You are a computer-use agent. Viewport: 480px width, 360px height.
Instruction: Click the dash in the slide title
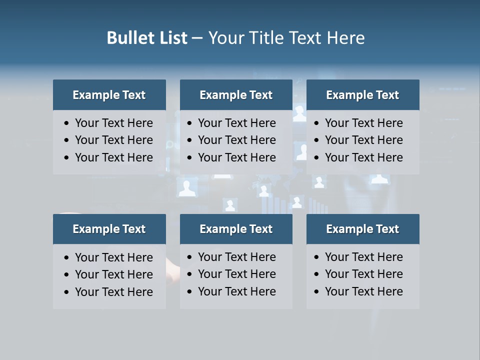(x=197, y=38)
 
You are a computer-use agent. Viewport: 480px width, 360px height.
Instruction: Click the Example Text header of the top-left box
(x=109, y=95)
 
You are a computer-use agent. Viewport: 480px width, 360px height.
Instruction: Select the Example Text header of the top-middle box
(x=236, y=95)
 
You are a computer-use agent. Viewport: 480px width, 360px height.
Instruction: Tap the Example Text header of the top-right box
(x=362, y=95)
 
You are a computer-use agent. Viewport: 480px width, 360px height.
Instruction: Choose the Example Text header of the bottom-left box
(x=109, y=229)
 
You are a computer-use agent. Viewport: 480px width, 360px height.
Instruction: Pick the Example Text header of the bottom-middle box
(x=236, y=229)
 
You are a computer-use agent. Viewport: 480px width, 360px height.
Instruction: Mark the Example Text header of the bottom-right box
(x=362, y=229)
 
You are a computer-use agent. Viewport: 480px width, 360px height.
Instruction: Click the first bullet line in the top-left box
(x=114, y=123)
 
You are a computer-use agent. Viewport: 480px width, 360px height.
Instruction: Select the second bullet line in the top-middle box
(x=237, y=140)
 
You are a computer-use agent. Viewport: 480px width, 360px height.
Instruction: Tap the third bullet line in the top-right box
(x=364, y=157)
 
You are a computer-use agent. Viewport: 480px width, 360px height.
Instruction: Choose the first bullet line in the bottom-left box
(x=114, y=257)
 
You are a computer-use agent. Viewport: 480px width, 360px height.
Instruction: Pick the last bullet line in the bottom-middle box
(x=237, y=291)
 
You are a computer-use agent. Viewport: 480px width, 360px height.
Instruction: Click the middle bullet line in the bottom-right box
(x=364, y=274)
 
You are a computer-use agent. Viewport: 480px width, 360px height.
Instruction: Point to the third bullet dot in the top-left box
(x=67, y=158)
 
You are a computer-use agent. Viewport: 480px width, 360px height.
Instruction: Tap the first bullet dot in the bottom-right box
(x=317, y=257)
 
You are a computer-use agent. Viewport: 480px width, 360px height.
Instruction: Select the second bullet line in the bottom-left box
(x=114, y=274)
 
